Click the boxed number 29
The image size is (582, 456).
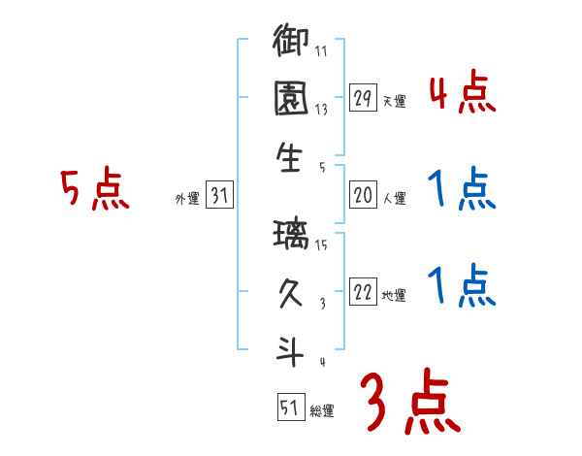click(363, 97)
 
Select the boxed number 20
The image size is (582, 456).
click(363, 196)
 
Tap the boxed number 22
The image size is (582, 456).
click(363, 293)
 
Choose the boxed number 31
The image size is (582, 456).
click(219, 197)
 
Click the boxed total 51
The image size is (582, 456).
click(288, 407)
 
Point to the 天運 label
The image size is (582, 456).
click(394, 100)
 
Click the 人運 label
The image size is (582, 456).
click(394, 199)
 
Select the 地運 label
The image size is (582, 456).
click(394, 296)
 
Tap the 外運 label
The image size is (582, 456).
click(187, 199)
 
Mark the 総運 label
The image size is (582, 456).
click(322, 410)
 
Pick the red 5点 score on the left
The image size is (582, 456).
click(94, 189)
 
